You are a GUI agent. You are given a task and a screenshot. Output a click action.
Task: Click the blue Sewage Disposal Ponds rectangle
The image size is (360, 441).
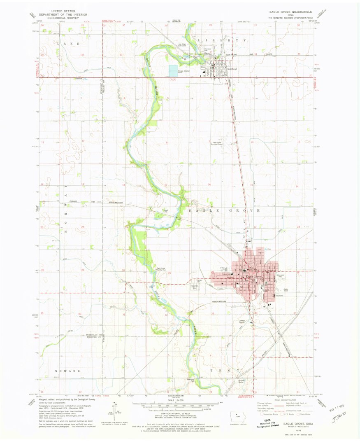pyautogui.click(x=173, y=70)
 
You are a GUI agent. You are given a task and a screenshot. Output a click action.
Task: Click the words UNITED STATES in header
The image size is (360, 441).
pyautogui.click(x=63, y=12)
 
